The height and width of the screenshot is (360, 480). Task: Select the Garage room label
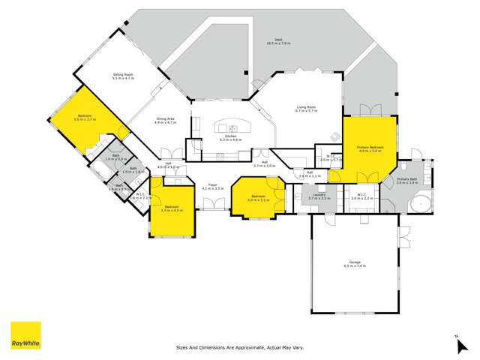pos(354,265)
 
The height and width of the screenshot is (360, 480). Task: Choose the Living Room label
pos(307,108)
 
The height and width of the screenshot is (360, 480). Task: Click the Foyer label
pos(213,186)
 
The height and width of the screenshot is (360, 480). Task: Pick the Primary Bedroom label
pos(370,149)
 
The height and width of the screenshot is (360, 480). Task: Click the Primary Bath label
pos(407,181)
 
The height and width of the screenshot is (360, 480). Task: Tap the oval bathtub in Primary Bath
pos(421,202)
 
